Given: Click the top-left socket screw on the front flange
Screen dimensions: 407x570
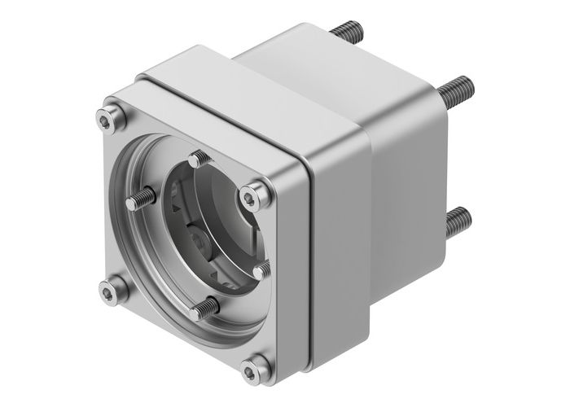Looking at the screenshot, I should [106, 120].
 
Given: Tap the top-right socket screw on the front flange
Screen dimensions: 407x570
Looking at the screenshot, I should [252, 195].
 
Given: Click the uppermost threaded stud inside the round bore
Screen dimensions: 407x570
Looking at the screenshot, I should [198, 160].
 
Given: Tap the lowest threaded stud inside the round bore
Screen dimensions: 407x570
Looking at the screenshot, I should [204, 309].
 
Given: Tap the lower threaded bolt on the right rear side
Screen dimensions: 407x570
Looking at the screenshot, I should [457, 219].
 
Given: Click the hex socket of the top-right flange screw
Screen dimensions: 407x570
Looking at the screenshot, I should [252, 195].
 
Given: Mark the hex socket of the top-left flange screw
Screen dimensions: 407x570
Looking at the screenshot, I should [106, 120].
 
